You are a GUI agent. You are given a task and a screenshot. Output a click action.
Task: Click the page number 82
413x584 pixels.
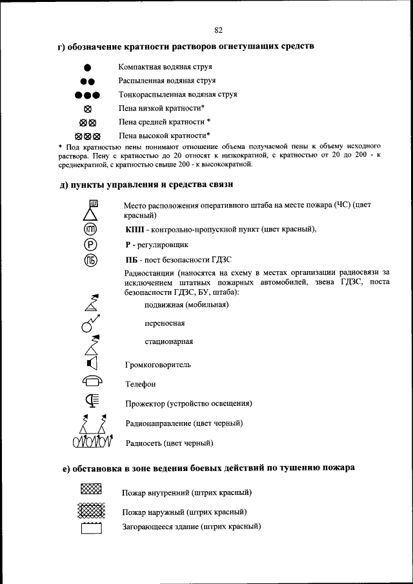click(x=218, y=30)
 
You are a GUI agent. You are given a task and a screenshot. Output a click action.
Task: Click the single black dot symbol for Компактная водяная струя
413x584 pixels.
click(x=88, y=68)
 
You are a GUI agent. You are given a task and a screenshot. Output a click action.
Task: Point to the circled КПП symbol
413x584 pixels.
click(x=90, y=229)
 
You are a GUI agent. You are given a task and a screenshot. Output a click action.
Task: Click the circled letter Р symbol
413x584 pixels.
click(x=90, y=245)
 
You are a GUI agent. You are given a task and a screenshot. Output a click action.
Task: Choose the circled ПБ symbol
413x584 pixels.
click(x=90, y=261)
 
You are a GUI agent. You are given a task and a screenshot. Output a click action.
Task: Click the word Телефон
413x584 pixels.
click(x=140, y=384)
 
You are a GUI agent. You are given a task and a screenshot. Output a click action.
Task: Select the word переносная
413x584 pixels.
click(x=165, y=323)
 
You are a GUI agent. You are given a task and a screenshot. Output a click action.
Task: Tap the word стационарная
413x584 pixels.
click(x=168, y=342)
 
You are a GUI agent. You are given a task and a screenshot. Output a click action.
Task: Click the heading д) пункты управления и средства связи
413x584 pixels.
click(x=145, y=185)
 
